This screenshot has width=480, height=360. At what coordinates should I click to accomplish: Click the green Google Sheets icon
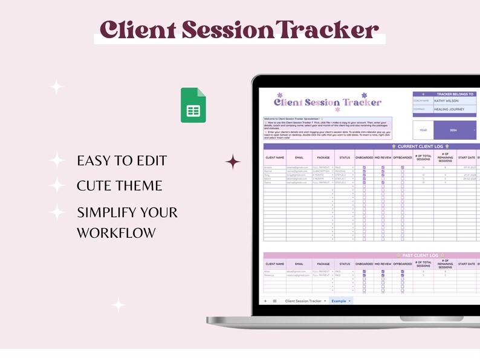(193, 105)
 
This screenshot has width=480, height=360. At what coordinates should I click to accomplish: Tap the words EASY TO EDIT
(122, 161)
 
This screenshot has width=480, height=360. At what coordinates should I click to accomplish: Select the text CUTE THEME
(120, 186)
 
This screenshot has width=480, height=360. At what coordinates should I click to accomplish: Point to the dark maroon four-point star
(233, 162)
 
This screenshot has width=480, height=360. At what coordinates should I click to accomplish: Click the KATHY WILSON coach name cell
(454, 101)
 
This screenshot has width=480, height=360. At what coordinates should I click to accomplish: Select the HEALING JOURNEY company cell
(454, 110)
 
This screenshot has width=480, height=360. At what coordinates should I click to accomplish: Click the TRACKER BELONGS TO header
(446, 94)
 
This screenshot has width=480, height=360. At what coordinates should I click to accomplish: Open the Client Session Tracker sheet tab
(303, 301)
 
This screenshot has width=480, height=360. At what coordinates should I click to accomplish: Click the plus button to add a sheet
(265, 301)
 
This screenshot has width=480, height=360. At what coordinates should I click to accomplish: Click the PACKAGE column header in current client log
(323, 157)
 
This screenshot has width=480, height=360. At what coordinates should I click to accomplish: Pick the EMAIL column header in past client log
(299, 264)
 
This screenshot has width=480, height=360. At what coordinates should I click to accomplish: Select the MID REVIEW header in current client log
(383, 157)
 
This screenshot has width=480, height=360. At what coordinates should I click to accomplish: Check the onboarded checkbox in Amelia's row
(364, 167)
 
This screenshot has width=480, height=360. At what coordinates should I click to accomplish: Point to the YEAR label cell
(423, 130)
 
